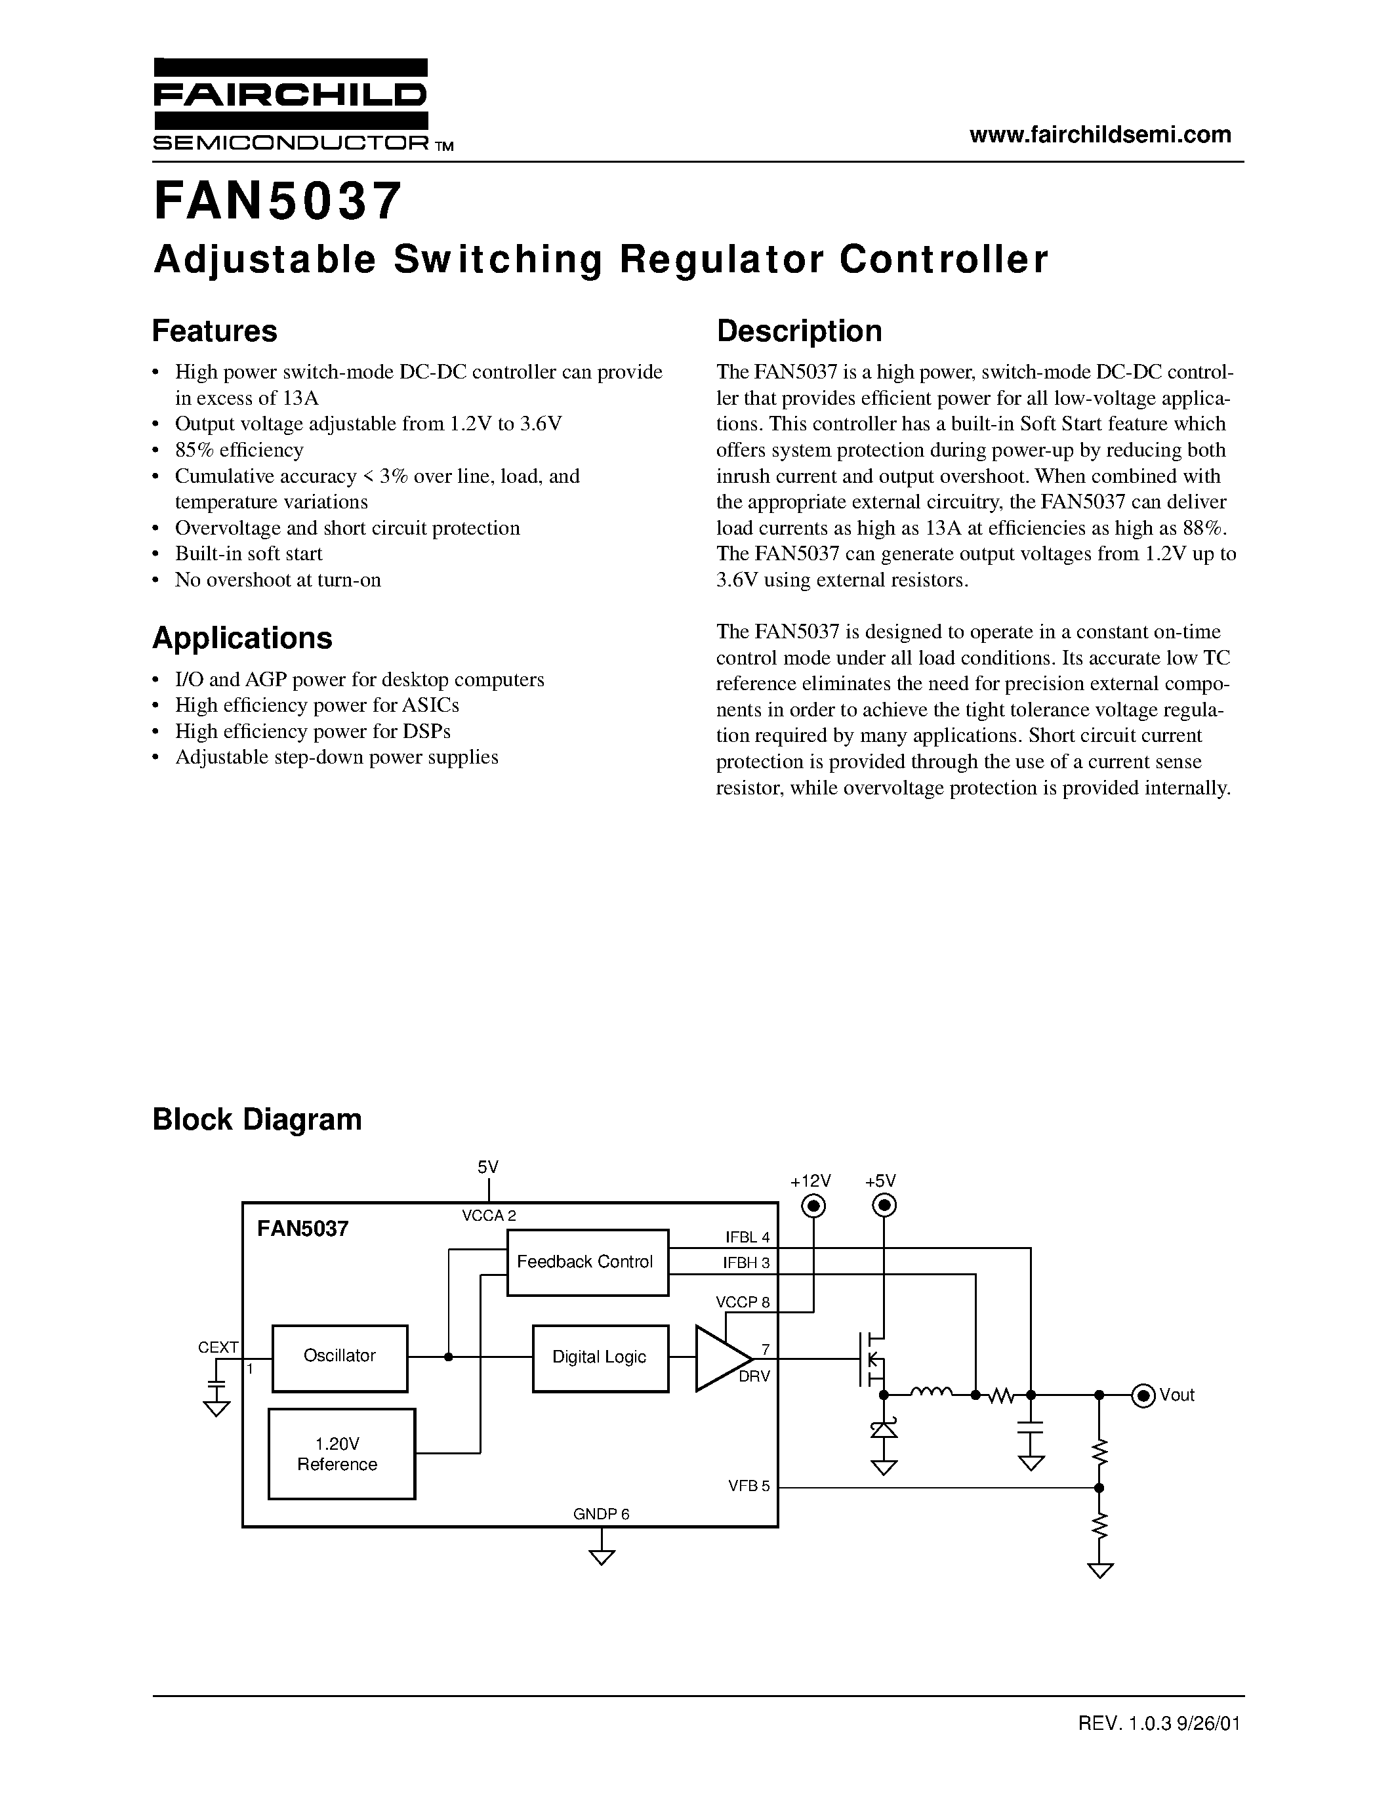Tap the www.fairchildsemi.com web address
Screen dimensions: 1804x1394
[x=1100, y=134]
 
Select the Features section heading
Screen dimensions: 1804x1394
[x=215, y=331]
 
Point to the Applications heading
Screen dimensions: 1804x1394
[x=242, y=638]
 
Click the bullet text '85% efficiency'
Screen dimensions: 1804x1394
[x=239, y=450]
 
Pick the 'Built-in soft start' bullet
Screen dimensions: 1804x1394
[x=248, y=554]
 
